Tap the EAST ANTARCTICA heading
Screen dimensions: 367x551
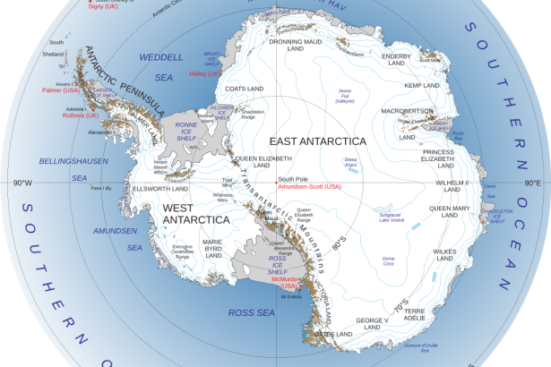[x=316, y=142]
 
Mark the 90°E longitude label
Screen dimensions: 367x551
[x=532, y=183]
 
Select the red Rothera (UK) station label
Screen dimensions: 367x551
[x=81, y=115]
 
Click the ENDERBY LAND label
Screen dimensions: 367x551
[x=396, y=60]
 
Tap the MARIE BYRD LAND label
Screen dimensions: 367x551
[x=212, y=248]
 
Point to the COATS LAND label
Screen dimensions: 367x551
[x=242, y=89]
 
